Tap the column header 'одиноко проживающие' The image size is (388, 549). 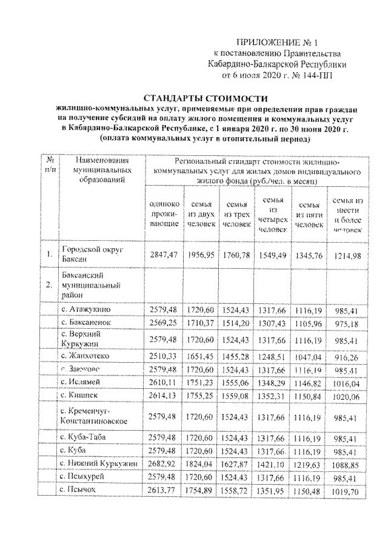point(164,214)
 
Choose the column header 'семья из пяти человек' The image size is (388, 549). point(310,214)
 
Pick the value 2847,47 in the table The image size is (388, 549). point(164,255)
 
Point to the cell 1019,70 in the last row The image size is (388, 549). point(347,491)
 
